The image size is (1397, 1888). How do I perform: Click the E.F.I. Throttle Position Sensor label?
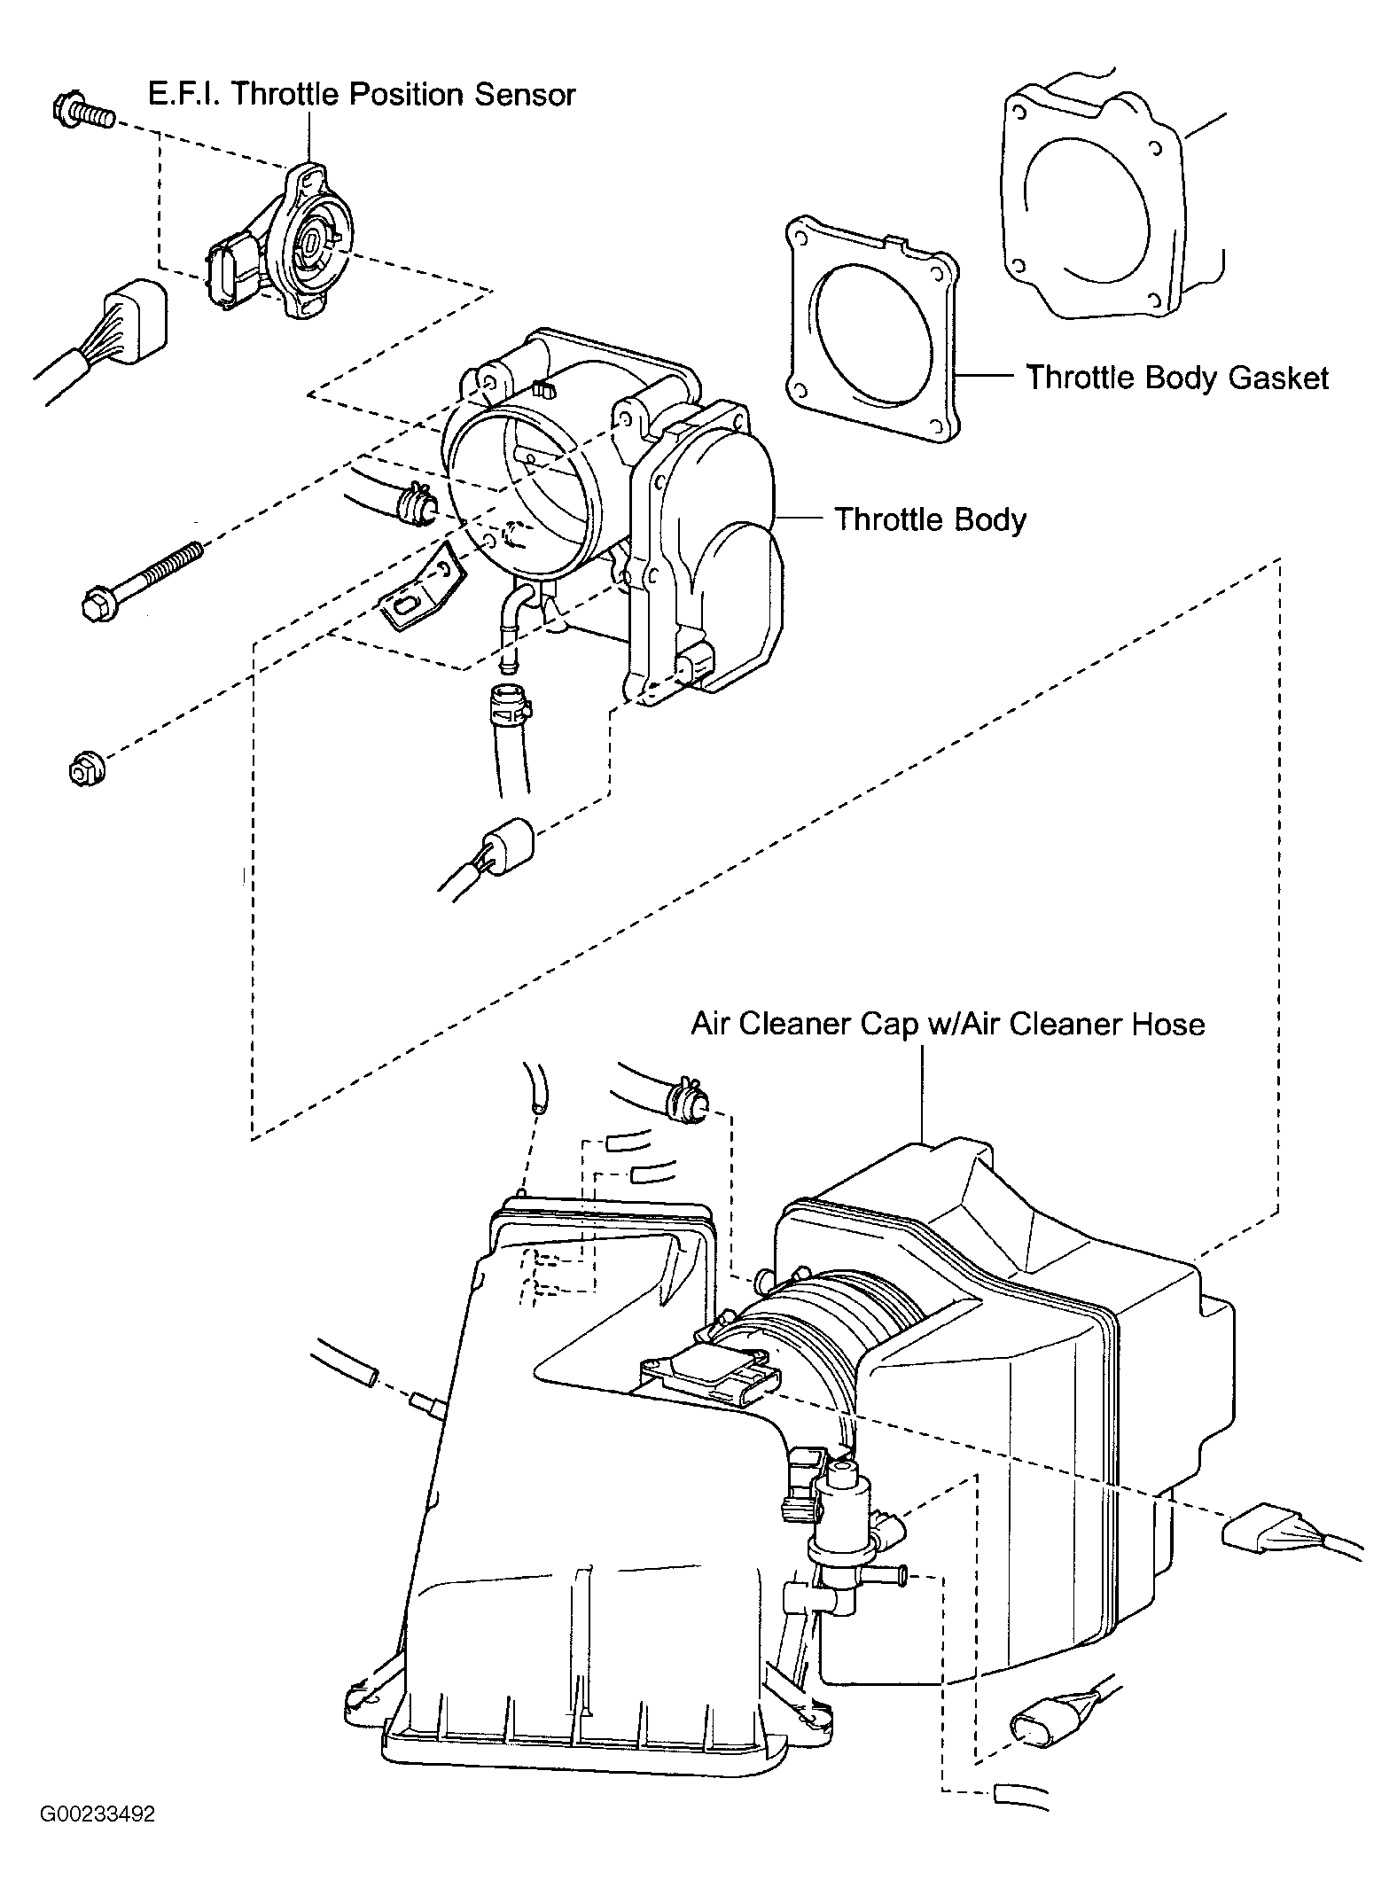362,94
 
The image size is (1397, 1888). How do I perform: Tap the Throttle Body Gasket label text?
1177,378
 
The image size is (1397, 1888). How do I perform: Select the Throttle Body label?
930,519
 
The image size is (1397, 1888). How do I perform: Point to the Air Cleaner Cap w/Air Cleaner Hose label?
948,1025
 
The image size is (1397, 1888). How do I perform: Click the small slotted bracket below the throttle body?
423,588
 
